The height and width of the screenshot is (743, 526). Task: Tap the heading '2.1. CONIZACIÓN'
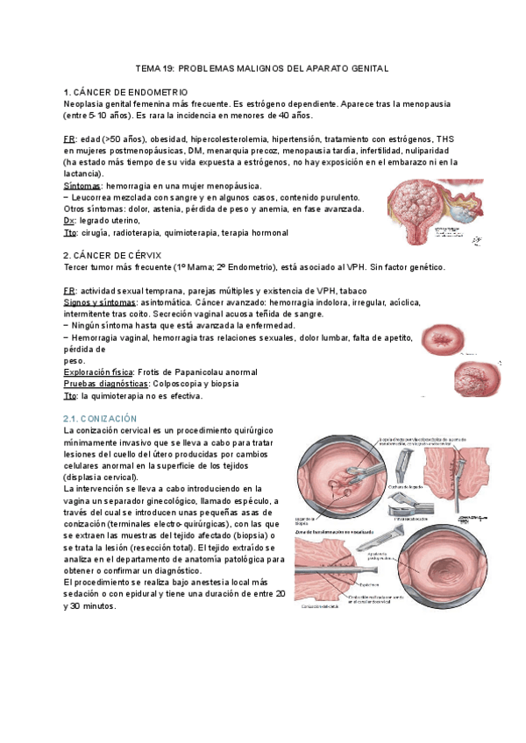[102, 420]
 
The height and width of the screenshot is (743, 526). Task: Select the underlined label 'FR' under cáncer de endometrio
[69, 139]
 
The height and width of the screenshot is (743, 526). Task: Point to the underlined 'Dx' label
[69, 221]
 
